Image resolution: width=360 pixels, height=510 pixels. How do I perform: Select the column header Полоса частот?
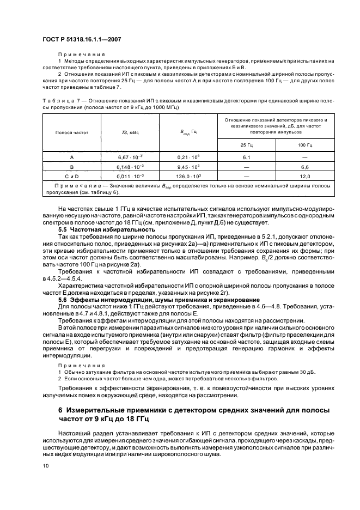71,132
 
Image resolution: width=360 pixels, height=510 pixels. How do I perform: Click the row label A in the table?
71,156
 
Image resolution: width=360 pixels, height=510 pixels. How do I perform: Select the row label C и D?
71,177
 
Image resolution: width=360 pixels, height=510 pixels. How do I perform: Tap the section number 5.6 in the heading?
62,299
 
